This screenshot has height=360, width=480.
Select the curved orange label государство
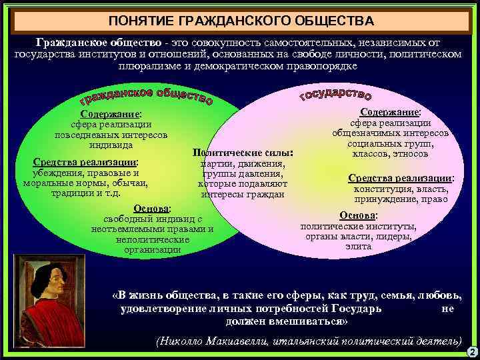(x=335, y=95)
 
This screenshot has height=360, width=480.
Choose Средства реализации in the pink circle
(x=401, y=178)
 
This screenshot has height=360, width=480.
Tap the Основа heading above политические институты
(x=358, y=215)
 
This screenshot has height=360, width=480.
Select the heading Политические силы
(x=241, y=152)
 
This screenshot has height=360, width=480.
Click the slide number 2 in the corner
(x=471, y=351)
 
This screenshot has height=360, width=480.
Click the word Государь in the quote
(x=355, y=309)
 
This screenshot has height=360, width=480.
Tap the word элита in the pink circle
(x=359, y=247)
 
